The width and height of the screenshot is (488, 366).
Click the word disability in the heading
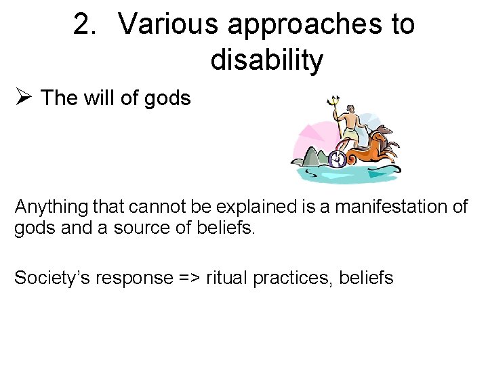pyautogui.click(x=266, y=60)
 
